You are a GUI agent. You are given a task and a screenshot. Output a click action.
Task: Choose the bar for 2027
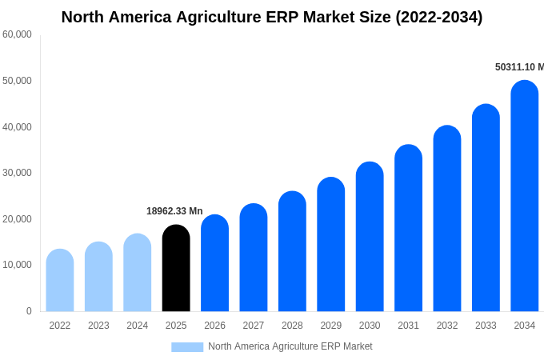tap(254, 258)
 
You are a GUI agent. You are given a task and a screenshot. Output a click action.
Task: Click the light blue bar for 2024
tap(138, 273)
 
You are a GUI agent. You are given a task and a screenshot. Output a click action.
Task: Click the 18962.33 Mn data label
tap(174, 211)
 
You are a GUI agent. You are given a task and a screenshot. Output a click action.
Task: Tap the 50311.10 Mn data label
tap(519, 67)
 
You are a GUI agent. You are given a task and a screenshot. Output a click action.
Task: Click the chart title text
tap(272, 17)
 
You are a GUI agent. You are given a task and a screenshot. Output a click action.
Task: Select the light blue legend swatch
tap(187, 346)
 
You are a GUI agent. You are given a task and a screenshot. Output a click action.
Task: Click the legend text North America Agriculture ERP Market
tap(290, 346)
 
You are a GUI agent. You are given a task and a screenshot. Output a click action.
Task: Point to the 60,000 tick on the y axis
tap(17, 34)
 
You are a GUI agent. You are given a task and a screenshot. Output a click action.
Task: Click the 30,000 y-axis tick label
tap(17, 173)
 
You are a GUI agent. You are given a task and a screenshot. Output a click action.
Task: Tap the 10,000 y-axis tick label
tap(17, 265)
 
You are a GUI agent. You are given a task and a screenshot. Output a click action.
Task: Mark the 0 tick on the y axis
tap(29, 311)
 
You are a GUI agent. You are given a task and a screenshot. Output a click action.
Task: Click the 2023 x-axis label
tap(98, 326)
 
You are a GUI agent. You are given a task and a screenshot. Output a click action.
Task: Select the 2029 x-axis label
tap(331, 326)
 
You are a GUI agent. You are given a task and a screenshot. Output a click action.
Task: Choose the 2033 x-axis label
tap(486, 326)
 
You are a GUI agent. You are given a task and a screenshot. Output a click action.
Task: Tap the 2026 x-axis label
tap(214, 326)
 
